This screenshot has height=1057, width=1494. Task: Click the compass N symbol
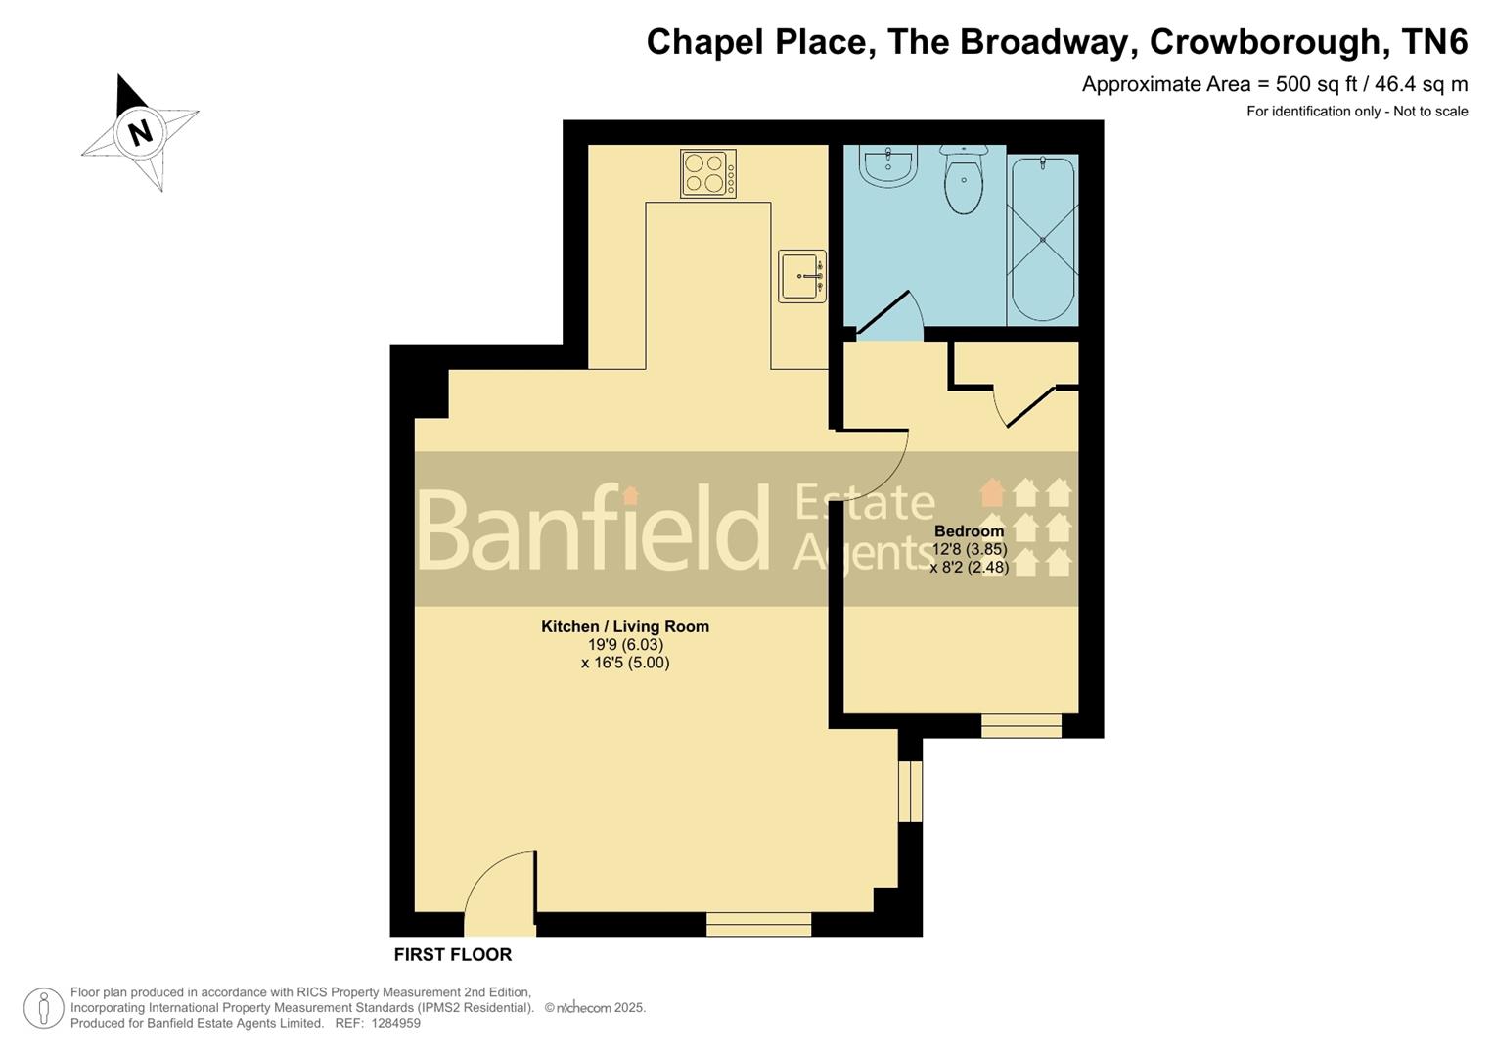[x=141, y=131]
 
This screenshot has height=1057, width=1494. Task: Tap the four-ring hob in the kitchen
[x=707, y=173]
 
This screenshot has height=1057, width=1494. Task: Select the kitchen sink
[x=802, y=276]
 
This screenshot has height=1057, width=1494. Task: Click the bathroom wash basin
[x=887, y=163]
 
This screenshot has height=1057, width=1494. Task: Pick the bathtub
[x=1043, y=239]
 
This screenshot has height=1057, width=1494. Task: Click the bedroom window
[x=1021, y=725]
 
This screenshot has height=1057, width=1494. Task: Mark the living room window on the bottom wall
[x=758, y=924]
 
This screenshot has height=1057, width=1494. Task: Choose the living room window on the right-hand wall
[x=910, y=791]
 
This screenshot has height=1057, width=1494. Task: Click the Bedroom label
[x=969, y=531]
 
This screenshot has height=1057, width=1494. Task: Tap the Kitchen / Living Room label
[x=625, y=626]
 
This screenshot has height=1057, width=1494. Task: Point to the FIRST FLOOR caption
[x=453, y=954]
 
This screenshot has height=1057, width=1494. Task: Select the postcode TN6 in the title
[x=1435, y=42]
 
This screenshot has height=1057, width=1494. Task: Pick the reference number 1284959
[x=391, y=1023]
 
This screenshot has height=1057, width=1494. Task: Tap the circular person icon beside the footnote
[x=43, y=1008]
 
